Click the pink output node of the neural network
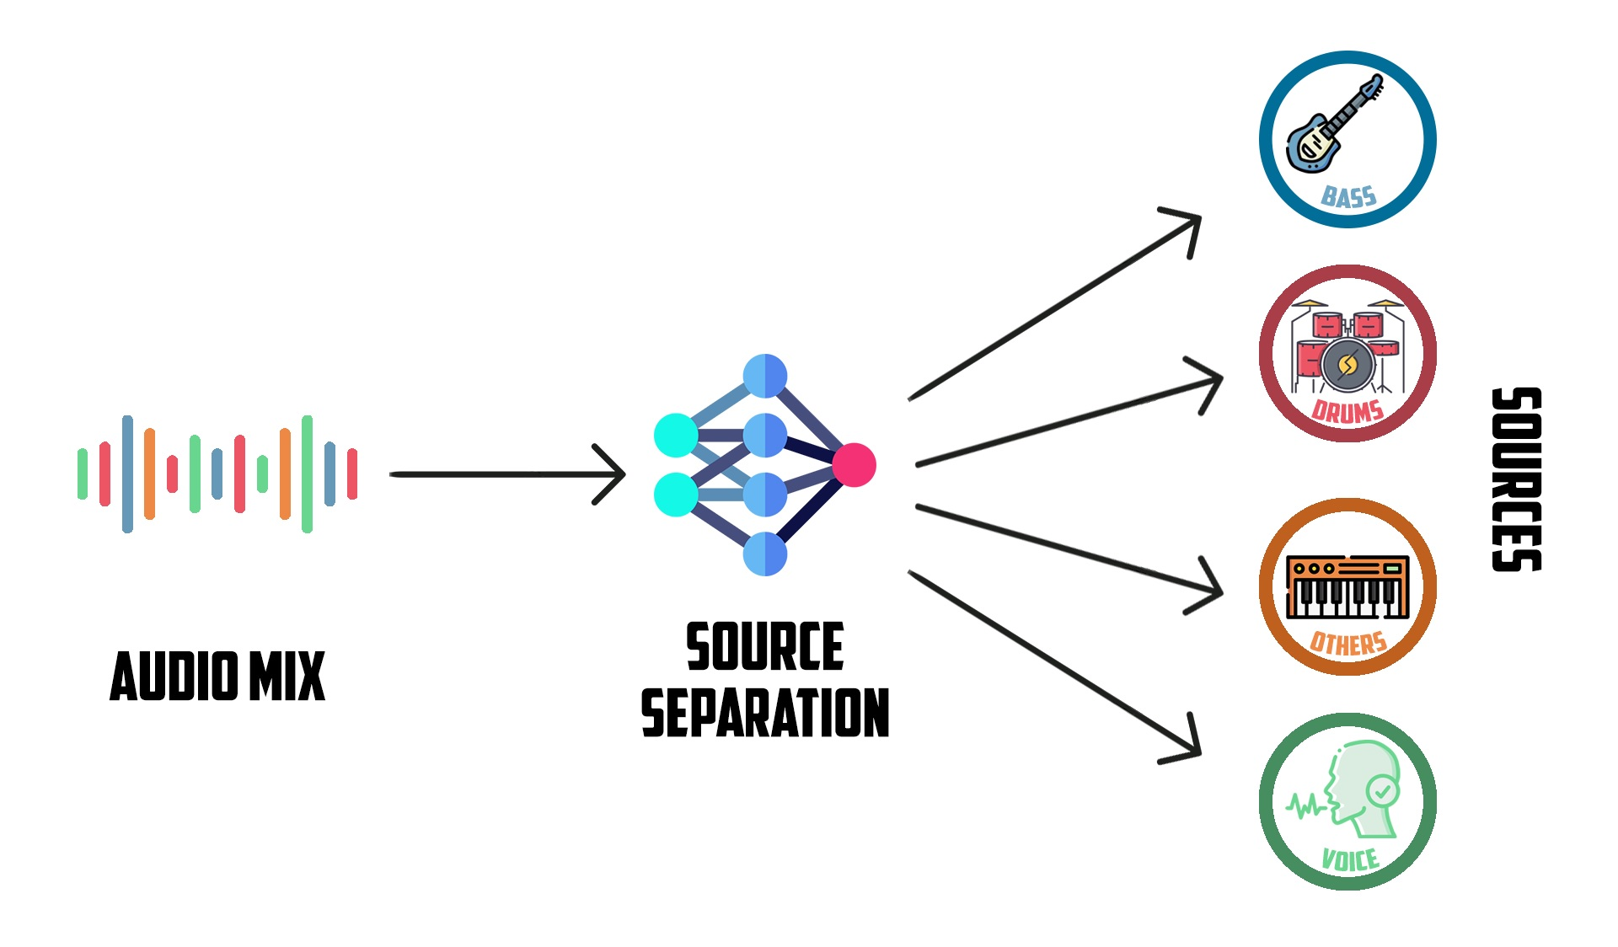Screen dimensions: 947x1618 point(854,465)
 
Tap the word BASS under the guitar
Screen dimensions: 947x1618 point(1348,197)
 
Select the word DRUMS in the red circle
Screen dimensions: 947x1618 point(1347,411)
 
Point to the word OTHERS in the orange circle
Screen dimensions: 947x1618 point(1348,644)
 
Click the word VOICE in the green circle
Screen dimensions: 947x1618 point(1350,859)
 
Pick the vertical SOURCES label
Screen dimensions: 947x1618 point(1516,479)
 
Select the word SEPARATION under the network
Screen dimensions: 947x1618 point(765,713)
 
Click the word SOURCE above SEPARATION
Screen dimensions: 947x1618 point(765,647)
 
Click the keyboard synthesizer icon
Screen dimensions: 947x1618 point(1347,586)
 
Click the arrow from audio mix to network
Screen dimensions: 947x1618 point(506,474)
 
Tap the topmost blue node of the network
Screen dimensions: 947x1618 point(765,376)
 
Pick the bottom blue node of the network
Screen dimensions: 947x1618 point(765,554)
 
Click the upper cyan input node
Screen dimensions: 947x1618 point(676,436)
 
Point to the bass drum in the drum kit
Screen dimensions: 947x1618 point(1347,365)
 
